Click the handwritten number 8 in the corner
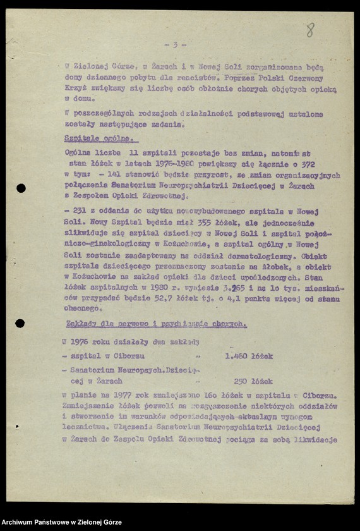[x=309, y=29]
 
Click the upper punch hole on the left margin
[x=21, y=188]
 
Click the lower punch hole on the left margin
[x=20, y=324]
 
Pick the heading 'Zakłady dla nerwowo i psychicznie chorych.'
[x=155, y=324]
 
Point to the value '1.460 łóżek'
[x=249, y=356]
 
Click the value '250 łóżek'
[x=253, y=381]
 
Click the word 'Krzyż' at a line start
[x=76, y=89]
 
